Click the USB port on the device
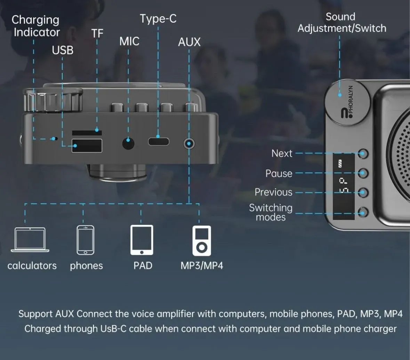[87, 146]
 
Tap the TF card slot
[87, 133]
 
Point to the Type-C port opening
[159, 141]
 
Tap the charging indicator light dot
[54, 139]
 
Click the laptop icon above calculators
[30, 240]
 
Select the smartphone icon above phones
[85, 240]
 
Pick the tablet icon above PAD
[142, 240]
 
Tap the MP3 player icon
[201, 240]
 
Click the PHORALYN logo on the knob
[347, 103]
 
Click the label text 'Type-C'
[158, 19]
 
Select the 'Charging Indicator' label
[36, 26]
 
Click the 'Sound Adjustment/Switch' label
[341, 23]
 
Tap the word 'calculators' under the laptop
[32, 266]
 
